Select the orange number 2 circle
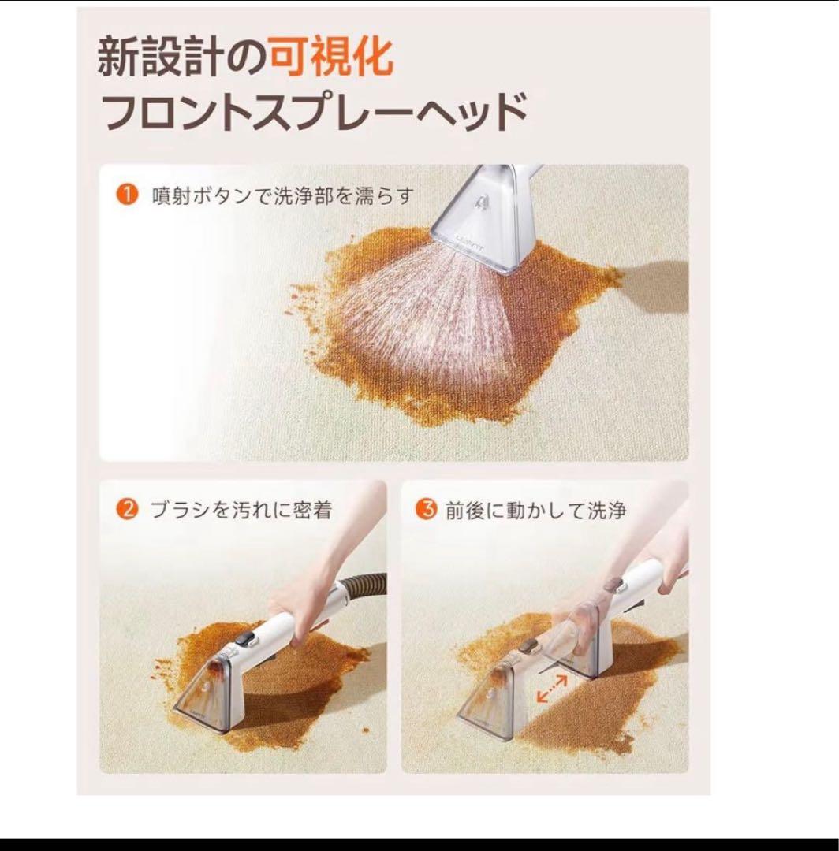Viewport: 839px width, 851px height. point(127,510)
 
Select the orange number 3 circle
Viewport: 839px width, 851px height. point(427,510)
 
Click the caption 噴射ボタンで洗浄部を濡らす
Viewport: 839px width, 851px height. point(282,195)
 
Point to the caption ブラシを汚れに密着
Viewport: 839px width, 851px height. point(241,511)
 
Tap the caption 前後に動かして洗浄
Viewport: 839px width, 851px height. point(535,511)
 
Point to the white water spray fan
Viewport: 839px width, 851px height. point(426,315)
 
